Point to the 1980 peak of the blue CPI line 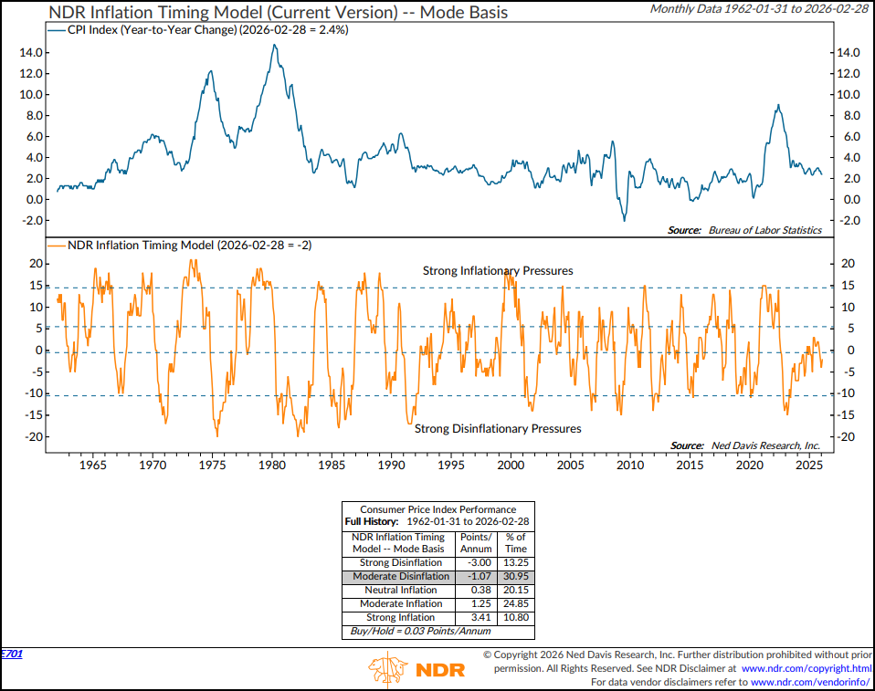[x=274, y=46]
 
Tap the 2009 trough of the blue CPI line [x=625, y=219]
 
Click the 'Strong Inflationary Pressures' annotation [x=498, y=271]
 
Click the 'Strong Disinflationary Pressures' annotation [x=498, y=428]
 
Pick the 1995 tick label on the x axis [x=450, y=465]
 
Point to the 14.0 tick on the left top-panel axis [x=32, y=53]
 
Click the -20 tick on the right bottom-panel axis [x=847, y=436]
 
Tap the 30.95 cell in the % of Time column [x=516, y=577]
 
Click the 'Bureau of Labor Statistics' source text [x=764, y=230]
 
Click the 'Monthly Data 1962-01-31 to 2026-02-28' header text [x=758, y=8]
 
